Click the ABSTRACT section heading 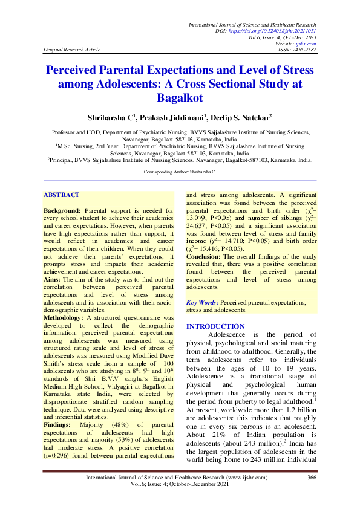pyautogui.click(x=62, y=195)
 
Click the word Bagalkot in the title pyautogui.click(x=180, y=97)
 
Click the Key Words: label pyautogui.click(x=202, y=302)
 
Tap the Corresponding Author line pyautogui.click(x=180, y=172)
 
